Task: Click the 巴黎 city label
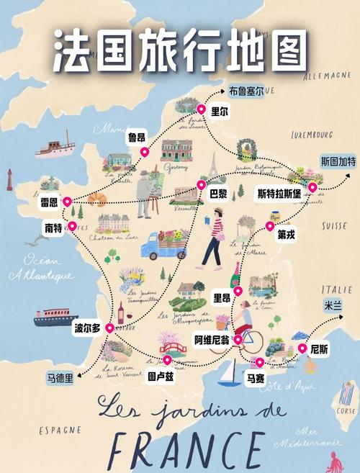(218, 194)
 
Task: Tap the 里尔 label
(219, 112)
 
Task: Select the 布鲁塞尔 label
(246, 91)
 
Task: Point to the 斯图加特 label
(338, 161)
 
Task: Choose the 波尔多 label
(88, 328)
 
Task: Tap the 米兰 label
(333, 306)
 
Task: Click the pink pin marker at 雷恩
(67, 202)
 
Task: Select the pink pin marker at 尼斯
(302, 348)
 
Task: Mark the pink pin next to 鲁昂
(143, 152)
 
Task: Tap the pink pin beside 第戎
(270, 226)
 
